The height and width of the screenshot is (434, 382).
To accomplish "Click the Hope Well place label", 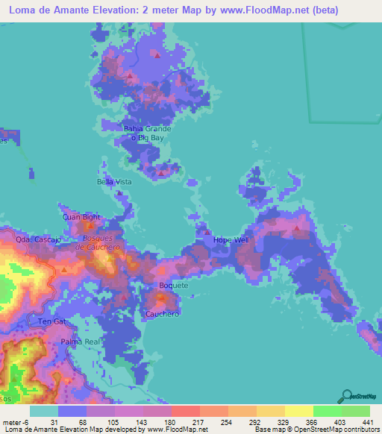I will (231, 240).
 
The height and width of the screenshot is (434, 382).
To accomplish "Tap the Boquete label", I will (174, 286).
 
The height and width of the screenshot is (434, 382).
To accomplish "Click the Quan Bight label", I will (81, 217).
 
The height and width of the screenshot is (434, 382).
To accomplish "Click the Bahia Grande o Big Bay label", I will (147, 133).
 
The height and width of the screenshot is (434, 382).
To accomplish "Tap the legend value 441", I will (369, 421).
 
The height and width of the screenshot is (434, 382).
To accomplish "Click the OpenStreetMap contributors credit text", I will (334, 430).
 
